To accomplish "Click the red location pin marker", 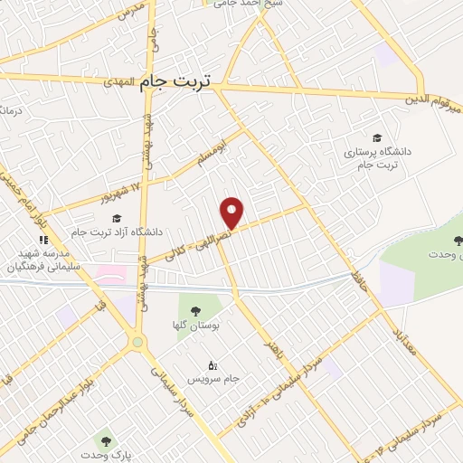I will pos(232,212).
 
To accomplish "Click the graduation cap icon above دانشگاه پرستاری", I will pos(376,137).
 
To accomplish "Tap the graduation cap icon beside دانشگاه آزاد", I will pos(116,218).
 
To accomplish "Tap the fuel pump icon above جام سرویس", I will pos(213,365).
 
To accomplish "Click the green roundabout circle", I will pos(137,342).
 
